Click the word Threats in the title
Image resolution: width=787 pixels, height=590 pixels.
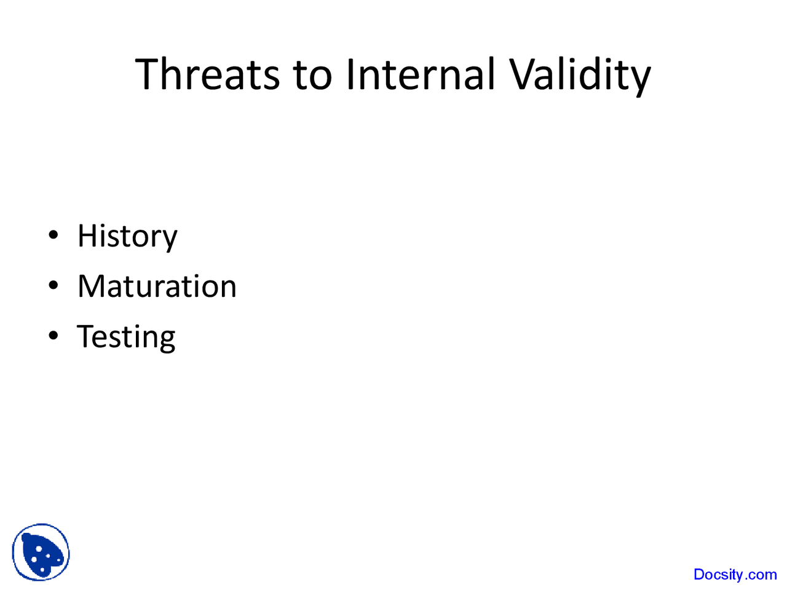click(208, 74)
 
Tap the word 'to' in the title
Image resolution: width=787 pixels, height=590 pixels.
click(312, 74)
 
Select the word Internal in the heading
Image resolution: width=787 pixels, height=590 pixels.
click(420, 74)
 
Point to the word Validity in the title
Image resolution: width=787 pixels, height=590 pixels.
click(580, 74)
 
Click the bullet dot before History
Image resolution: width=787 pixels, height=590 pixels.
click(54, 235)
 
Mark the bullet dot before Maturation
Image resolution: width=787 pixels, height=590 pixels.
click(54, 286)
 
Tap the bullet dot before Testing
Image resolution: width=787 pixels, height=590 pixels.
click(54, 336)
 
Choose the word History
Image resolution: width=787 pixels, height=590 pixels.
click(127, 237)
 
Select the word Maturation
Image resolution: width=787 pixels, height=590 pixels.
click(157, 286)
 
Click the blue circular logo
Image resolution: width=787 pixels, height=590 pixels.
click(41, 553)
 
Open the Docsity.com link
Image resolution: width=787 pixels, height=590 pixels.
click(735, 575)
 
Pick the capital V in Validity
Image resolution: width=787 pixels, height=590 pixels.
click(521, 74)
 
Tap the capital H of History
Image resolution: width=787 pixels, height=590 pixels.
click(87, 236)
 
